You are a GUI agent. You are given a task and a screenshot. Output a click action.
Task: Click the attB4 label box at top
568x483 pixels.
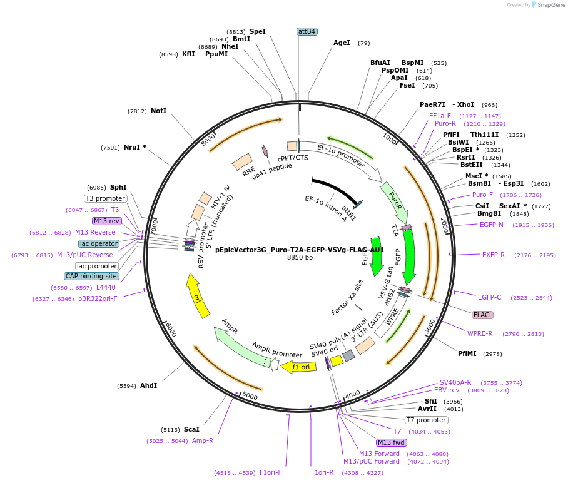(x=307, y=31)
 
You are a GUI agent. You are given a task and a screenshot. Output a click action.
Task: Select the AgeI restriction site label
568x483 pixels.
(x=342, y=43)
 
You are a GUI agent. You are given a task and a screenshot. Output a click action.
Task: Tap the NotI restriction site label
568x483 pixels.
(x=159, y=111)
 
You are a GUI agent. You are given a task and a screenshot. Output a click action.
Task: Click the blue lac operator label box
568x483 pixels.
(x=99, y=243)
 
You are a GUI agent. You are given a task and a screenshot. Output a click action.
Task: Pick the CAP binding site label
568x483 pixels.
(x=91, y=276)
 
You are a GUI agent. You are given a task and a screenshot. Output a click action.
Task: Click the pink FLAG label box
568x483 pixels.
(x=482, y=315)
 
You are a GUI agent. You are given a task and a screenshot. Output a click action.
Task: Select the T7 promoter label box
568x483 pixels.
(x=427, y=420)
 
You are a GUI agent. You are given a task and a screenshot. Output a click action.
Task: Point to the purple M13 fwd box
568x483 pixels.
(x=392, y=442)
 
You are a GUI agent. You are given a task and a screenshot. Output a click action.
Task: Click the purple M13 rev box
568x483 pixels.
(x=106, y=221)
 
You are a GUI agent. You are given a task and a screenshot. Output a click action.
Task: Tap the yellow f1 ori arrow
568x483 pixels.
(x=298, y=367)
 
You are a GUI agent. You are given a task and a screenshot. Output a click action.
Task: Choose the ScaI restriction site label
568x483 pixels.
(x=191, y=429)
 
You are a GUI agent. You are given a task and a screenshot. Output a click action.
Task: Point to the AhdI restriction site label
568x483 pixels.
(x=148, y=385)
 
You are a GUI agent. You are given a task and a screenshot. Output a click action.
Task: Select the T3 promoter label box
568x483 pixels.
(x=106, y=198)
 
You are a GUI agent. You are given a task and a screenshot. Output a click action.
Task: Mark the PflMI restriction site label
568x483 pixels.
(x=467, y=353)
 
